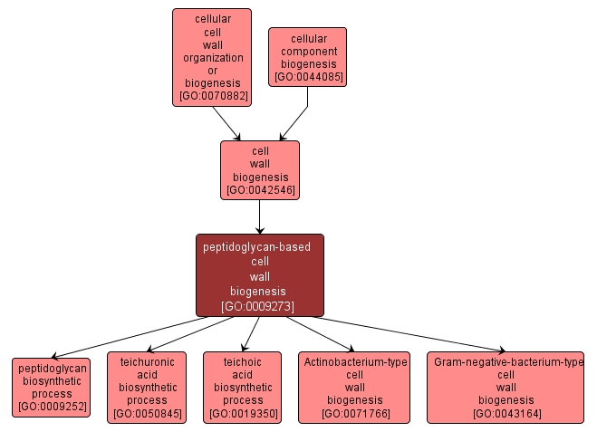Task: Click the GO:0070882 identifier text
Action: (213, 95)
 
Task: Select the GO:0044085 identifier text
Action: (307, 77)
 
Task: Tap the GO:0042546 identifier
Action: (260, 190)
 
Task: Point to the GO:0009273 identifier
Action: (259, 306)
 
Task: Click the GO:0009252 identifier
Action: (51, 408)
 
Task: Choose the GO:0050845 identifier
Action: (147, 414)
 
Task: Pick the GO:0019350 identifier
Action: (243, 414)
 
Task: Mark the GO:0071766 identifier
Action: (354, 414)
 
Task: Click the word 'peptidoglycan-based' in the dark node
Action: (259, 246)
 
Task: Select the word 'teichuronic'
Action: (147, 361)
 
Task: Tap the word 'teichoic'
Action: (243, 361)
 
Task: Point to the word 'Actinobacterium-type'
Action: (354, 361)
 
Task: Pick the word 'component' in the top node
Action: (307, 52)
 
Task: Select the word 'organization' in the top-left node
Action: (213, 57)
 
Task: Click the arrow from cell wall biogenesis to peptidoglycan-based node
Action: (259, 217)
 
